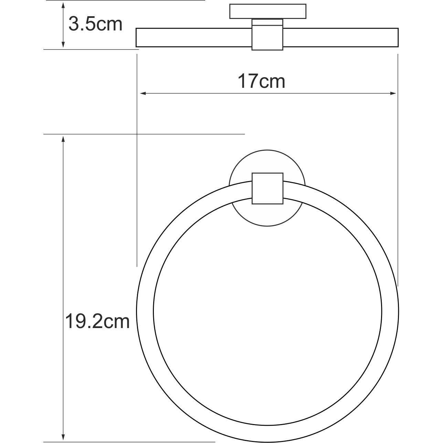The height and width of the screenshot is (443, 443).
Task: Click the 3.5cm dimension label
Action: pyautogui.click(x=95, y=24)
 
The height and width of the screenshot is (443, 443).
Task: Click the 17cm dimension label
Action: pyautogui.click(x=261, y=82)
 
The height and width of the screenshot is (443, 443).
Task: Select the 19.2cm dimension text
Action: pyautogui.click(x=97, y=322)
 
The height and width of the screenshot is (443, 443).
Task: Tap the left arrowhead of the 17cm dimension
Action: pyautogui.click(x=141, y=93)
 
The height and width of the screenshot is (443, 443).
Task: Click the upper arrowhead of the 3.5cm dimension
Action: pyautogui.click(x=63, y=5)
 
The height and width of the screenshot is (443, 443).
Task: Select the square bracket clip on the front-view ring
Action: pyautogui.click(x=267, y=188)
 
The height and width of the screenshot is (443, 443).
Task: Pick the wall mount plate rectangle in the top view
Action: pyautogui.click(x=267, y=11)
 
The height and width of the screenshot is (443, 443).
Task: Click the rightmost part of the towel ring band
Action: pyautogui.click(x=391, y=310)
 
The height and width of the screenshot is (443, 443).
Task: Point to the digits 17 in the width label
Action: pyautogui.click(x=247, y=82)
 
